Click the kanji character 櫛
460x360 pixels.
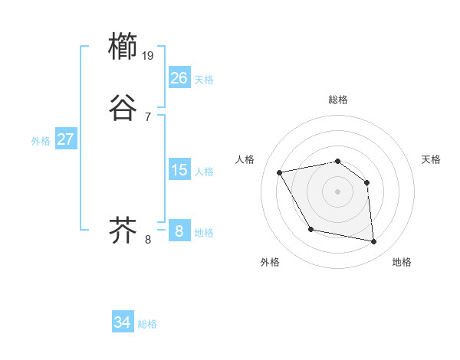point(123,47)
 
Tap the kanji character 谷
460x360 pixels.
point(123,108)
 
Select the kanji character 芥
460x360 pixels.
point(123,231)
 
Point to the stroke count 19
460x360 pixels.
point(148,55)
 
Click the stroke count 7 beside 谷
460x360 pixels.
point(147,116)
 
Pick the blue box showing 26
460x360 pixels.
point(179,77)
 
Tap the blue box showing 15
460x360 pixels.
point(179,170)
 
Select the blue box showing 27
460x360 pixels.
point(66,139)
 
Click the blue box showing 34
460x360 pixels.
point(123,322)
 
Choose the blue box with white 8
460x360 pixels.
point(179,231)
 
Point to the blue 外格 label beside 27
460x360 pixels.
point(41,141)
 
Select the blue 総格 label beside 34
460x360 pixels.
point(148,325)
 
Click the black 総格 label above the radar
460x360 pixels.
point(338,100)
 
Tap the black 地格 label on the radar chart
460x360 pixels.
point(402,263)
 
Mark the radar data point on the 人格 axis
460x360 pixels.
point(280,172)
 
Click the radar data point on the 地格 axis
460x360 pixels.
point(374,242)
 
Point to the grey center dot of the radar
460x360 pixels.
point(338,191)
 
